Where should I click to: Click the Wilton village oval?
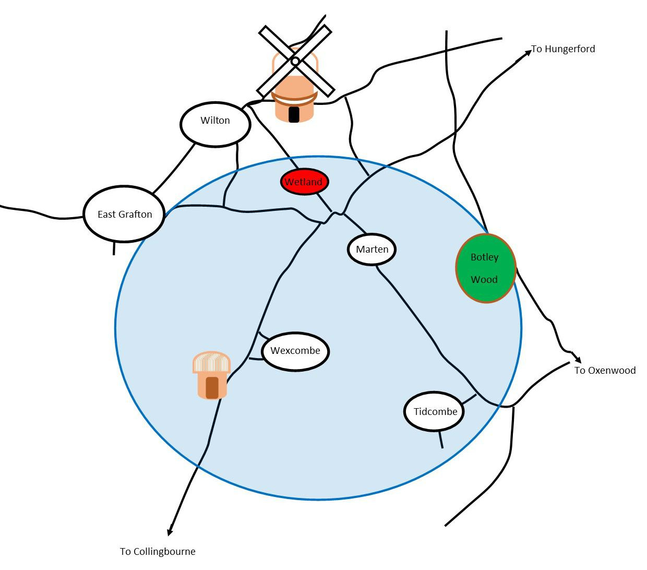(215, 124)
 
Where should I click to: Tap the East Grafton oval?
(124, 214)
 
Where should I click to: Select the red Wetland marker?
(304, 182)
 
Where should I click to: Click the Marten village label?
(372, 250)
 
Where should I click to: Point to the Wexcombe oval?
(295, 351)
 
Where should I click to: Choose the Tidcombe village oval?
(435, 411)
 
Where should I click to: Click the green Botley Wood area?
(486, 268)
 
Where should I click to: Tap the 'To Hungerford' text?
(563, 49)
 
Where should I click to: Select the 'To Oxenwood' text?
(605, 371)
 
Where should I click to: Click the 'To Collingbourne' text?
(158, 552)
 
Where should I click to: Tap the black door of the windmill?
(294, 114)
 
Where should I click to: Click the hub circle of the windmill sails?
(295, 62)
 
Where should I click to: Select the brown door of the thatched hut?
(212, 387)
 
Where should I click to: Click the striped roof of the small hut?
(211, 362)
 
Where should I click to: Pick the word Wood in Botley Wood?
(484, 280)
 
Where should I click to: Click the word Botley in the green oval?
(484, 257)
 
